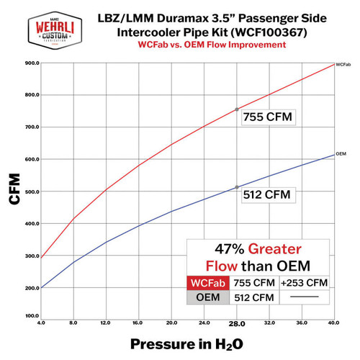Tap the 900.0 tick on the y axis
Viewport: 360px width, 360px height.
coord(30,63)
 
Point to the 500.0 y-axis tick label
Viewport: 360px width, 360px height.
coord(30,192)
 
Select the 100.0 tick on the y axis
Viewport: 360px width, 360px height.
coord(30,316)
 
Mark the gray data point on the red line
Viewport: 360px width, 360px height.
coord(237,109)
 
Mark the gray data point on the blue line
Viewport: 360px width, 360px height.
coord(237,187)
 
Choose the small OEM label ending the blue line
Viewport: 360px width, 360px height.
coord(341,154)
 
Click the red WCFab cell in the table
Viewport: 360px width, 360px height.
coord(209,283)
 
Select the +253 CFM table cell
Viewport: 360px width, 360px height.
coord(306,283)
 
